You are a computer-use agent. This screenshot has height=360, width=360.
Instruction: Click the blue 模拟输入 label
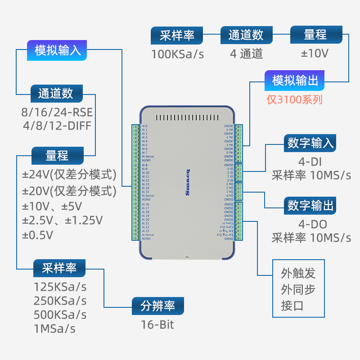[x=58, y=50]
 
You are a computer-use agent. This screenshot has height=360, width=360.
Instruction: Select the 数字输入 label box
[x=311, y=143]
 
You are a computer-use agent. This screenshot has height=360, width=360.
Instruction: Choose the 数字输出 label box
[x=311, y=206]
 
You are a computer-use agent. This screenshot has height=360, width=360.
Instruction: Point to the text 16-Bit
[x=157, y=324]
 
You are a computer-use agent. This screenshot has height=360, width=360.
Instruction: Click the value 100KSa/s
[x=177, y=54]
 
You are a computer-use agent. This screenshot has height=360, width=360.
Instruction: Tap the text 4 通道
[x=246, y=54]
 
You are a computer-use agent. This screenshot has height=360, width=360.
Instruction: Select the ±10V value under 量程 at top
[x=315, y=54]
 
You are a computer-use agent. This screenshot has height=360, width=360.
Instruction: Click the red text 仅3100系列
[x=295, y=99]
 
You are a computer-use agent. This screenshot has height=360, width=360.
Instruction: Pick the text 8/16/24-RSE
[x=57, y=112]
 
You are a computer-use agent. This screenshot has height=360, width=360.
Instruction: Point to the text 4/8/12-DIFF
[x=57, y=125]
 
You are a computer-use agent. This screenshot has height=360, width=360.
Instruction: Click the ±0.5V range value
[x=38, y=235]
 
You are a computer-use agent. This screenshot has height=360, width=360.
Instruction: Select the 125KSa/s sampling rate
[x=60, y=287]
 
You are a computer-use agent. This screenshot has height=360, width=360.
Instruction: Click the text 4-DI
[x=310, y=161]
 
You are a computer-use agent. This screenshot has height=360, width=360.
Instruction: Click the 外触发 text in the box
[x=298, y=273]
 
